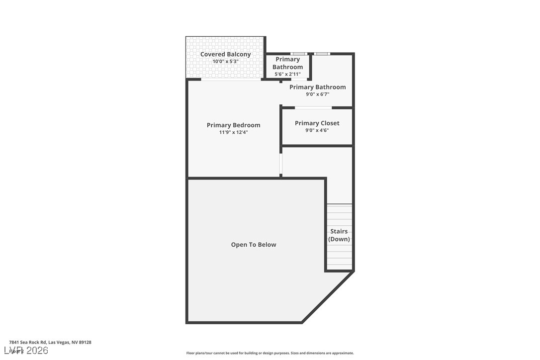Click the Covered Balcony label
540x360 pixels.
click(x=225, y=54)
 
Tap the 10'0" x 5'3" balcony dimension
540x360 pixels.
click(x=225, y=62)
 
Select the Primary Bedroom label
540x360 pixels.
click(x=233, y=125)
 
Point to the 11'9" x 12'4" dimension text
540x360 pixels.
click(x=233, y=132)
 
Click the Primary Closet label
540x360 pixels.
click(x=317, y=123)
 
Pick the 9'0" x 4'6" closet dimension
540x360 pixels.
click(x=317, y=130)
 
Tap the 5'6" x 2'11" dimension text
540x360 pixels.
click(x=287, y=74)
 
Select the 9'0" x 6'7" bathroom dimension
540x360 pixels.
click(x=317, y=94)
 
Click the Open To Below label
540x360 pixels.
click(x=253, y=245)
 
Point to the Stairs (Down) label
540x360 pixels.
click(x=339, y=235)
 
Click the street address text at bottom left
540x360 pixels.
click(x=50, y=342)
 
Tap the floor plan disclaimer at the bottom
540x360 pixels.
click(x=270, y=353)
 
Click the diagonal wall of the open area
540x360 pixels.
click(x=328, y=297)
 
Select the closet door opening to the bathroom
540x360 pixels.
click(x=313, y=107)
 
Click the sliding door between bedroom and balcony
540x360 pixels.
click(x=231, y=80)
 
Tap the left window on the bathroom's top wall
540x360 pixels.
click(x=298, y=54)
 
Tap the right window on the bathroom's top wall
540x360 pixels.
click(x=322, y=54)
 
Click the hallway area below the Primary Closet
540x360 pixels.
click(x=317, y=169)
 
